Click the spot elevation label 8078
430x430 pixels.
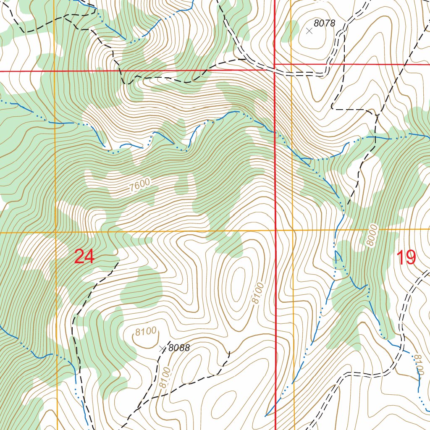click(x=325, y=24)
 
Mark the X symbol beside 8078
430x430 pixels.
click(x=309, y=31)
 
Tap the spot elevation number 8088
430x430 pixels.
click(x=179, y=348)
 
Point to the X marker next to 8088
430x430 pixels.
click(x=163, y=348)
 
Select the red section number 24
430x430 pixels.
click(x=84, y=257)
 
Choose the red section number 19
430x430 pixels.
click(x=406, y=257)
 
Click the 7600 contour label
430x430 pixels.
click(x=139, y=186)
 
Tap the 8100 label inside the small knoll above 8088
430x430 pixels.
click(x=146, y=332)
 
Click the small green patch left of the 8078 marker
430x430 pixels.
click(x=288, y=32)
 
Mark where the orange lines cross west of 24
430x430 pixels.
click(x=55, y=232)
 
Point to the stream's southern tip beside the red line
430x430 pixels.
click(x=265, y=416)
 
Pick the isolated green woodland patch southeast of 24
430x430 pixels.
click(x=142, y=288)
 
